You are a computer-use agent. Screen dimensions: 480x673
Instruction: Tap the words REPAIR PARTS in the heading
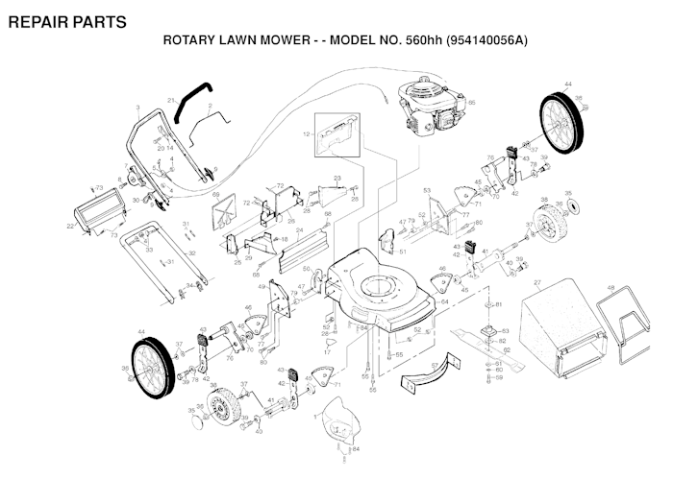tap(66, 21)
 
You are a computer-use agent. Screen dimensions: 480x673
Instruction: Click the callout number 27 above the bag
tap(537, 282)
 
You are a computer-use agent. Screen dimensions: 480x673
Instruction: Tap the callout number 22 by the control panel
tap(70, 227)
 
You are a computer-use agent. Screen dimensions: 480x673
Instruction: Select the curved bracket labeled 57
tap(423, 373)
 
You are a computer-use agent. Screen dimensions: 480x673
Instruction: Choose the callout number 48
tap(611, 287)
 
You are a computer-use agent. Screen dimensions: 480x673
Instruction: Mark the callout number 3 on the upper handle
tap(138, 107)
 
